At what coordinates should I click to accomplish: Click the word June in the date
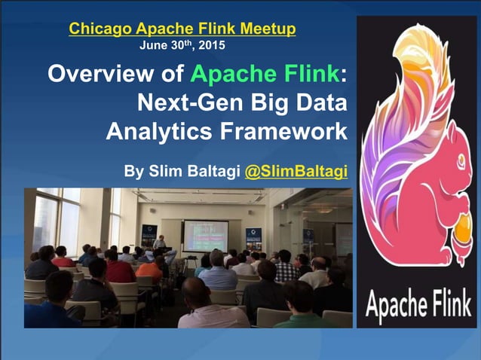pyautogui.click(x=153, y=45)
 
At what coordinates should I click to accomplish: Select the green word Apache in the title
pyautogui.click(x=225, y=75)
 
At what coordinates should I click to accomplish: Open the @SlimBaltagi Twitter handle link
pyautogui.click(x=296, y=171)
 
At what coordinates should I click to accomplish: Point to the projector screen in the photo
pyautogui.click(x=205, y=234)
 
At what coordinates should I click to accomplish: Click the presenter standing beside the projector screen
pyautogui.click(x=159, y=246)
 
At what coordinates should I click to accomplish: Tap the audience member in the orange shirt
pyautogui.click(x=149, y=268)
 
